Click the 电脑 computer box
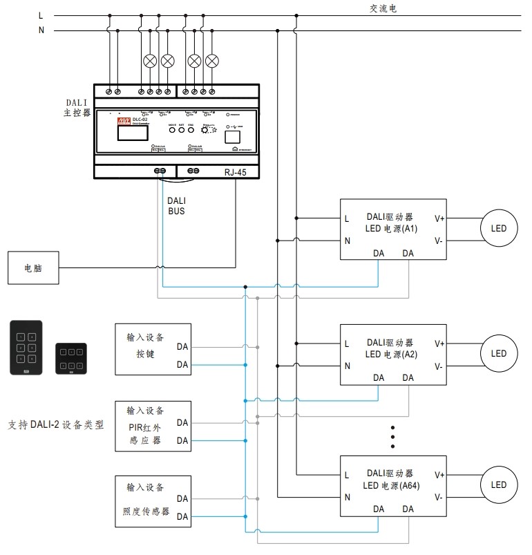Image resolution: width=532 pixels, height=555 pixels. coord(33,267)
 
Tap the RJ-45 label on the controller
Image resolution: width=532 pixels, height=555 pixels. coord(235,173)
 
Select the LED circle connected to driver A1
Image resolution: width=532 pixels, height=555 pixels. coord(498,229)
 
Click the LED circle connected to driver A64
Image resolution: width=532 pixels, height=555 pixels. coord(498,485)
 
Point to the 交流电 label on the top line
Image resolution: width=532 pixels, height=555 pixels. coord(383,9)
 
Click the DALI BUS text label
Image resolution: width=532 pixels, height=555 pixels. coord(176,206)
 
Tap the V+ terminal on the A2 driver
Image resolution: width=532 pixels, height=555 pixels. coord(439,343)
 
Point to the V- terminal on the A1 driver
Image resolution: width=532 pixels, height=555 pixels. coord(439,241)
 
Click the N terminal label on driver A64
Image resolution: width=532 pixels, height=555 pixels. coord(347,497)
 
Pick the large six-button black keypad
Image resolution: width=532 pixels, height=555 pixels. coord(26,347)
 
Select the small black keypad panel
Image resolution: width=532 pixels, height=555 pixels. coord(71,358)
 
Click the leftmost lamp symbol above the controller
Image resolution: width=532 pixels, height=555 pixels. coord(149,60)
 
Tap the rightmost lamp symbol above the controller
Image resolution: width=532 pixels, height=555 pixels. coord(212,60)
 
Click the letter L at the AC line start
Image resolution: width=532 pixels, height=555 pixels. coord(41,15)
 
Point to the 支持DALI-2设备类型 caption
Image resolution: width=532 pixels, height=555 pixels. coord(55,425)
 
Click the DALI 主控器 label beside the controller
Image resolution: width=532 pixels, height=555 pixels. coord(77,107)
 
